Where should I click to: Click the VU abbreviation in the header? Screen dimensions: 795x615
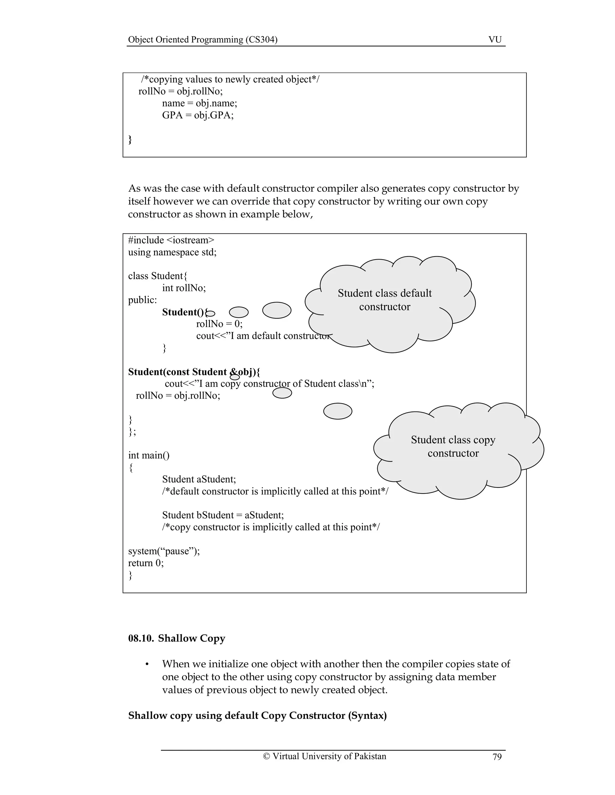(x=495, y=40)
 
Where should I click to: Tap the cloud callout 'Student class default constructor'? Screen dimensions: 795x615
(x=385, y=300)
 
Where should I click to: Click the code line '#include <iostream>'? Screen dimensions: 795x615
(x=171, y=240)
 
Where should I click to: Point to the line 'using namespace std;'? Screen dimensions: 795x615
(x=172, y=252)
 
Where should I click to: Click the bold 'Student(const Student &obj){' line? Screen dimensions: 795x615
(x=194, y=372)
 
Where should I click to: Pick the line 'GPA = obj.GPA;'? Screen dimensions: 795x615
(x=198, y=115)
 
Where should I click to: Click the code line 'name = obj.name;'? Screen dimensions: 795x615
(x=200, y=103)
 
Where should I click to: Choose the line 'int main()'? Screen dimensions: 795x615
(x=149, y=455)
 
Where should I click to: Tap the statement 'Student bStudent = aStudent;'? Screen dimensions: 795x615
(x=223, y=515)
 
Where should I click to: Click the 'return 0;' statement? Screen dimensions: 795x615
(x=146, y=563)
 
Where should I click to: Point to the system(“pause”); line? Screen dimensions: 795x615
(x=164, y=551)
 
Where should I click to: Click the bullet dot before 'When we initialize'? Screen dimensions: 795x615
(x=147, y=664)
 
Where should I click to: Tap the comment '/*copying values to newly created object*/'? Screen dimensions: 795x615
(x=230, y=79)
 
